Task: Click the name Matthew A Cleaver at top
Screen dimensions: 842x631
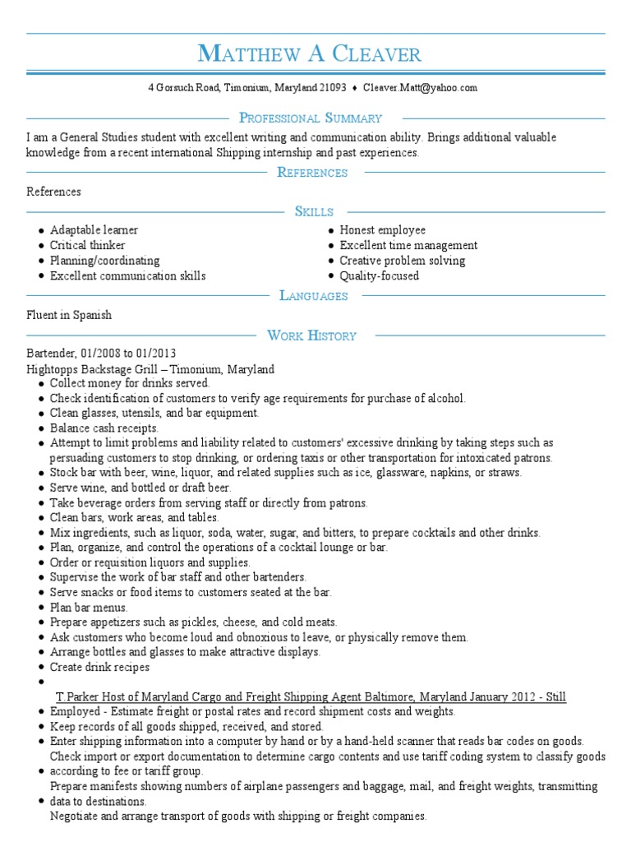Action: coord(310,54)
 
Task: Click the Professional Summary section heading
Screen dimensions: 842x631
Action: coord(310,118)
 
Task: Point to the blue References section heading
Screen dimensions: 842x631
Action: coord(312,172)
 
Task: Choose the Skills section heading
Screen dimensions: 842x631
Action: coord(314,211)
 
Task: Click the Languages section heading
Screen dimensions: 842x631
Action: coord(314,295)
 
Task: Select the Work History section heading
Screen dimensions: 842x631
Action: coord(311,335)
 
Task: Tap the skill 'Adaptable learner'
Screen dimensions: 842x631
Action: coord(94,230)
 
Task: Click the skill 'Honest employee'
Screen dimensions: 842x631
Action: coord(382,230)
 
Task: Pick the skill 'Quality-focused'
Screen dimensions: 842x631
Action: coord(379,275)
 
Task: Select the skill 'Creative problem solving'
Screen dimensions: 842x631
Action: coord(402,261)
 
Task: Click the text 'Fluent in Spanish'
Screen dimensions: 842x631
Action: coord(69,315)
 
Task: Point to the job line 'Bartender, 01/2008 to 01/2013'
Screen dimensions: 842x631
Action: coord(101,354)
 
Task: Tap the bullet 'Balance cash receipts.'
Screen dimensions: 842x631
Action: coord(104,428)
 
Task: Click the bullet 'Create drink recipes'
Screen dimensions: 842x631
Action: coord(99,667)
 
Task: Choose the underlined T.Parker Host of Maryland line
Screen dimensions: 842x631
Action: coord(311,696)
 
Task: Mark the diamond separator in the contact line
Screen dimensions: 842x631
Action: coord(354,87)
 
